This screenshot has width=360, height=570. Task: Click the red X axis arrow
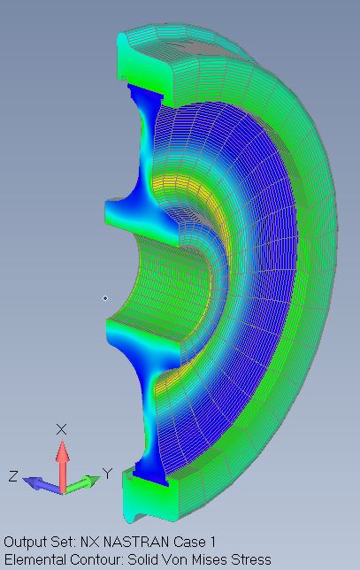[x=63, y=466]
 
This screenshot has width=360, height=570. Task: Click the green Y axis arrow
[x=81, y=484]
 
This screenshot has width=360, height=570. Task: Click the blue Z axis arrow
[x=42, y=485]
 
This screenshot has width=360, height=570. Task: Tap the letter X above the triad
[x=61, y=429]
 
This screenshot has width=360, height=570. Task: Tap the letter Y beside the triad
[x=108, y=474]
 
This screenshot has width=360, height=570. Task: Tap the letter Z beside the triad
[x=13, y=476]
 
